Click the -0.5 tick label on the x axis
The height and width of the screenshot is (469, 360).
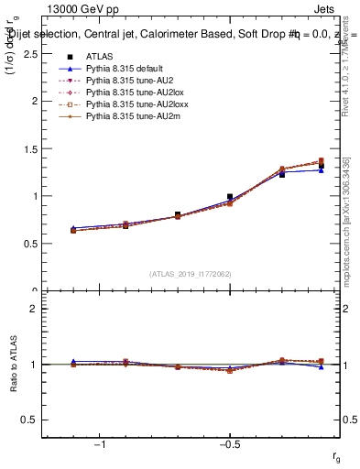pyautogui.click(x=229, y=444)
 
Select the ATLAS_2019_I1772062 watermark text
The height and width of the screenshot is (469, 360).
pyautogui.click(x=191, y=273)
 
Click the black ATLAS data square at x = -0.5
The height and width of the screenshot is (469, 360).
pyautogui.click(x=230, y=196)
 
